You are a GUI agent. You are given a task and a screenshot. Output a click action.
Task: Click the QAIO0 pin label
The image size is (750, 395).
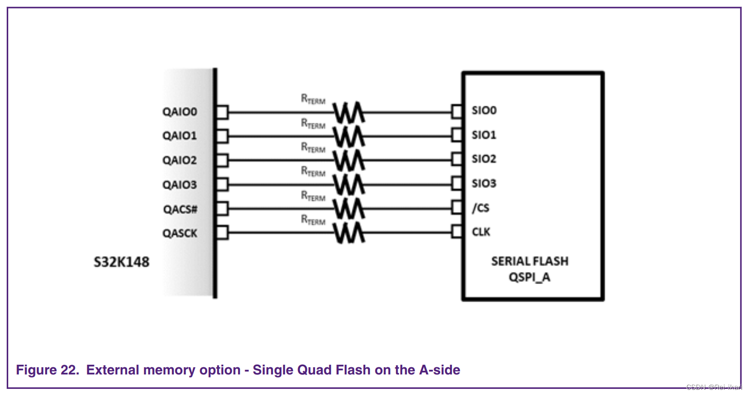[180, 112]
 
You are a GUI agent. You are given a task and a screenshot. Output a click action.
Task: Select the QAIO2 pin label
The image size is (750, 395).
[180, 160]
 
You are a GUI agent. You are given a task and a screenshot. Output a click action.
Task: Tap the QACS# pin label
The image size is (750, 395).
[180, 209]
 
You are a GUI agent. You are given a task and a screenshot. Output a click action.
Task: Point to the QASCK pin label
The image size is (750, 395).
[180, 234]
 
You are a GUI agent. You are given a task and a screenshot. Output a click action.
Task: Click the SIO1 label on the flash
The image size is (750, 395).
[484, 135]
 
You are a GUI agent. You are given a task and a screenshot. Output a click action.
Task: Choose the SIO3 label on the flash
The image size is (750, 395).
[484, 183]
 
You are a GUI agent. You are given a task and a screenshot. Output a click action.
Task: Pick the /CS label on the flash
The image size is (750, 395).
[480, 208]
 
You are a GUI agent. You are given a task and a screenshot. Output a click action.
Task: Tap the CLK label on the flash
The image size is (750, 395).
[481, 232]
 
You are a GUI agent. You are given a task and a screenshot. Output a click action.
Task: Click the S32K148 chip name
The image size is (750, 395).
[121, 262]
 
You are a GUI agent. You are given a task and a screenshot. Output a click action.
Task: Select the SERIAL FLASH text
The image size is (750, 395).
[529, 261]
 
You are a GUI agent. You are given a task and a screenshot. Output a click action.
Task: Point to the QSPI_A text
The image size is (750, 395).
[529, 278]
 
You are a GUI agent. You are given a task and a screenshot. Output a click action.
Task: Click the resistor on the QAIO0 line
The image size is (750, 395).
[348, 112]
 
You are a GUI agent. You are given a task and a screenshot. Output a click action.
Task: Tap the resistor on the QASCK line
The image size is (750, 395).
[348, 233]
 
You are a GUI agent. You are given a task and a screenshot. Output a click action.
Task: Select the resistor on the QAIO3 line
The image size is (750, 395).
[348, 184]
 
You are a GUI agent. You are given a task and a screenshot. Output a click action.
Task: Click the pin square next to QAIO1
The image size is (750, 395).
[222, 136]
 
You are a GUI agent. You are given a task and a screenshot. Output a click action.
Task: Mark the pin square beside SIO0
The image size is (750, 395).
[457, 111]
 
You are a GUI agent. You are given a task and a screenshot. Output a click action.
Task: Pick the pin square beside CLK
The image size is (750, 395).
[457, 232]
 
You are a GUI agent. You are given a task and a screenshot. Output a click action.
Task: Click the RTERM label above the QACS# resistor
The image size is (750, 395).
[313, 196]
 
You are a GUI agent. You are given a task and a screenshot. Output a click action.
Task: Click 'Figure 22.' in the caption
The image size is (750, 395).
[48, 370]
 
